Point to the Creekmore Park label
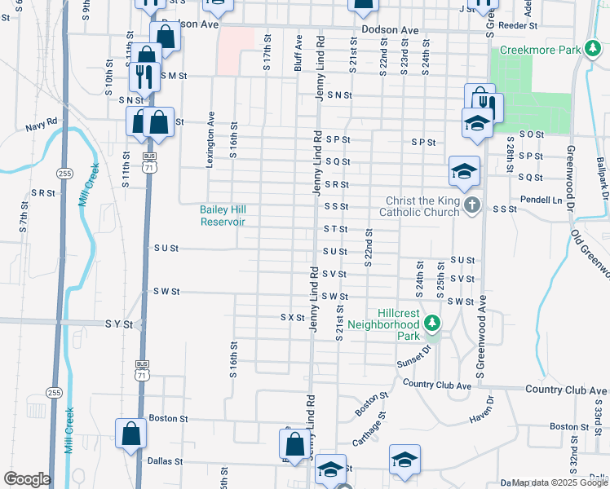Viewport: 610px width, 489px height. click(x=539, y=51)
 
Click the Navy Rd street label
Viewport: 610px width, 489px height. click(x=41, y=125)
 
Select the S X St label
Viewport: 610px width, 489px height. click(x=292, y=317)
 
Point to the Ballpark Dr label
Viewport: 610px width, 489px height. click(x=602, y=175)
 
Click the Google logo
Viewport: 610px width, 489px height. click(x=27, y=479)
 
